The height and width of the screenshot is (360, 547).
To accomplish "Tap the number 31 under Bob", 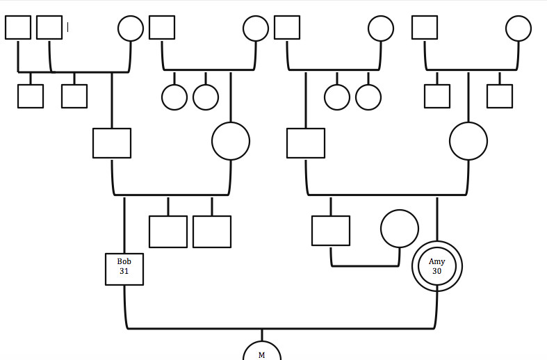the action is [124, 272].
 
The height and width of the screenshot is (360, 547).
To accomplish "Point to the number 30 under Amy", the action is [436, 272].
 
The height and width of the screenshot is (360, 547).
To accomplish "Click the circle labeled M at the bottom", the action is [261, 342].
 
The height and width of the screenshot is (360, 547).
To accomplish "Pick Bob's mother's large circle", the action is [231, 123].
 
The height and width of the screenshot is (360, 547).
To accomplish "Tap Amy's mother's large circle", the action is [468, 123].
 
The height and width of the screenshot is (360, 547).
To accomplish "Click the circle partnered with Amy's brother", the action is [400, 211].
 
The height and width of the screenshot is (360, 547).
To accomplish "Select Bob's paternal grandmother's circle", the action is [131, 16].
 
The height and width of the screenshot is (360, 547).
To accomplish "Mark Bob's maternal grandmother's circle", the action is [256, 16].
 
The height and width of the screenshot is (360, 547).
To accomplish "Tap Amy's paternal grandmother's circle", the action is [381, 16].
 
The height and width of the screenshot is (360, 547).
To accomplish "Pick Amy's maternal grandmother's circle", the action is [519, 16].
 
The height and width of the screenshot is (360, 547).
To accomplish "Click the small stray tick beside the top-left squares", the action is [67, 27].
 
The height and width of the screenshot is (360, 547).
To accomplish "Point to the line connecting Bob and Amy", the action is [281, 328].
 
